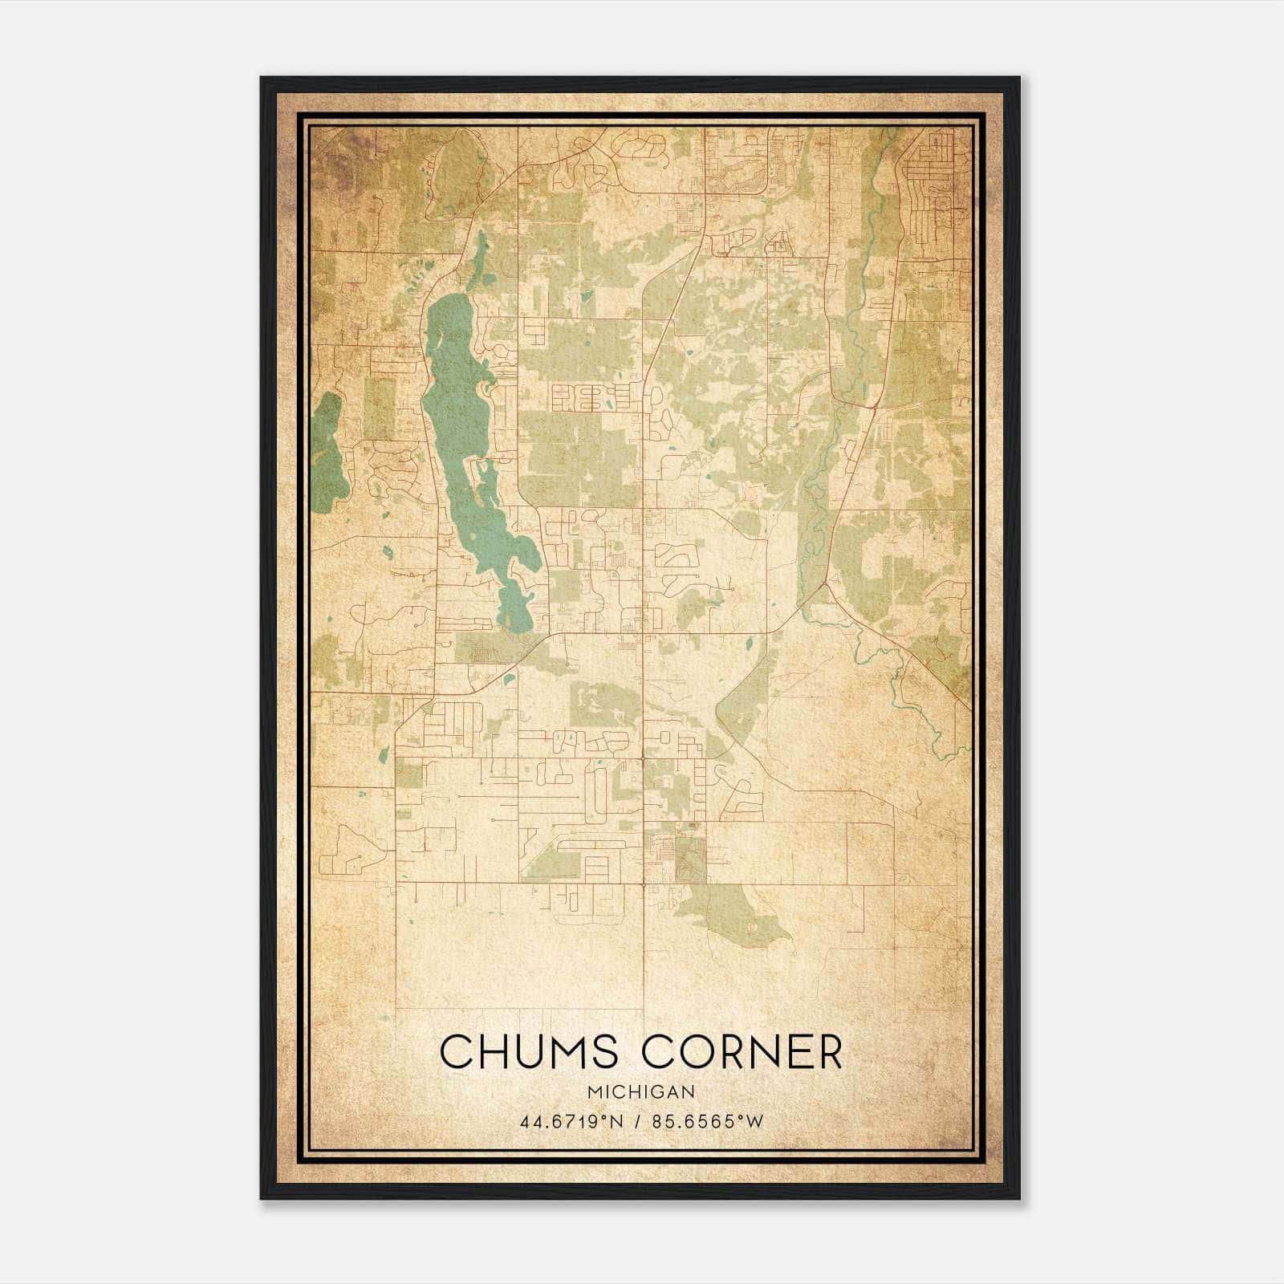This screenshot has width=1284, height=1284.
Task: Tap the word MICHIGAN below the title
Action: pos(641,1092)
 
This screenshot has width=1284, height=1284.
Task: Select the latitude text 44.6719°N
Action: pos(571,1122)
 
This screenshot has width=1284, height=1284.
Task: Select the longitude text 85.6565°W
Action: pos(708,1122)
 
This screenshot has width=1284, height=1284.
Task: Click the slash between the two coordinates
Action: pos(640,1122)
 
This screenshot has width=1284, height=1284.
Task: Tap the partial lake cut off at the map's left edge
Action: pos(327,453)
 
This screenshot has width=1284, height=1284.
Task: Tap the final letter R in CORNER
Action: pos(829,1051)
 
